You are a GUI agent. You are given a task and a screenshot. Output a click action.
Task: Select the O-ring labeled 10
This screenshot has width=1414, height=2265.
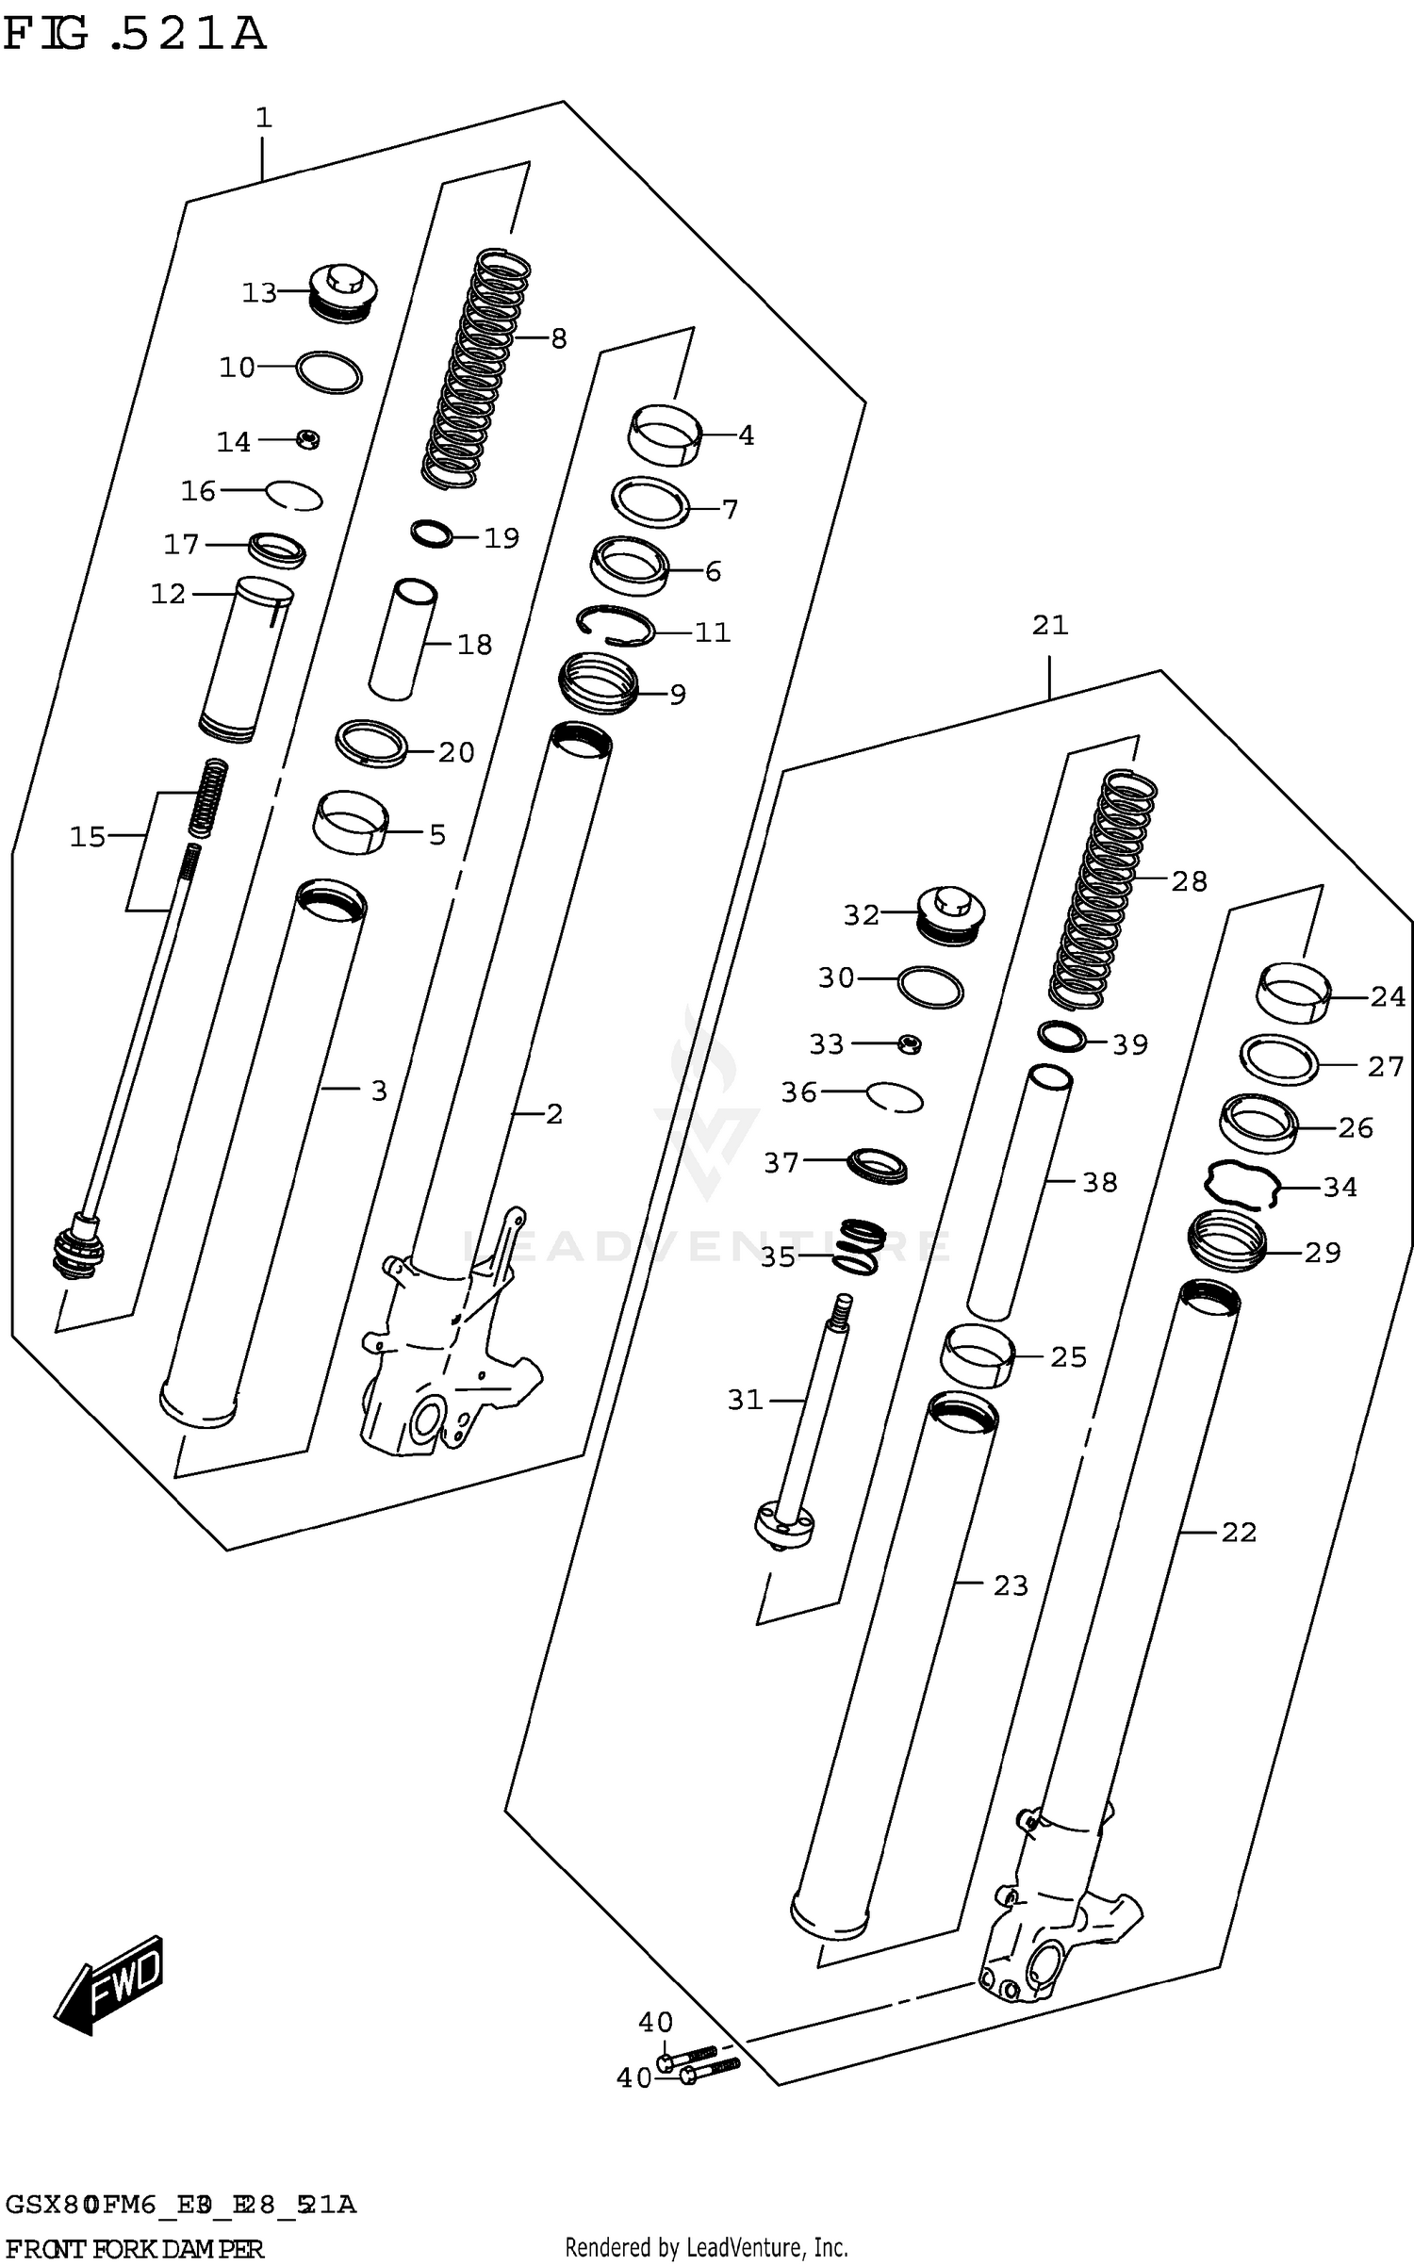[329, 372]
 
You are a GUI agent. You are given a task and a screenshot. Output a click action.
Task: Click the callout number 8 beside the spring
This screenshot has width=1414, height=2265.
[559, 338]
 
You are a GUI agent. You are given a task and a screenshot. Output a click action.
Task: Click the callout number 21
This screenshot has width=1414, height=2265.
[1049, 626]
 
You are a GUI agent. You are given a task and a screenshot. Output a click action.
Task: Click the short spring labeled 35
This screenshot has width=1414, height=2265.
[860, 1246]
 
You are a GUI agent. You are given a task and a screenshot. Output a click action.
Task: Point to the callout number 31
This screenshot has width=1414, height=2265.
[745, 1401]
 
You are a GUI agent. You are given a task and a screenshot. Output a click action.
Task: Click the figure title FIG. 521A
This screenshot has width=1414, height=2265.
[135, 34]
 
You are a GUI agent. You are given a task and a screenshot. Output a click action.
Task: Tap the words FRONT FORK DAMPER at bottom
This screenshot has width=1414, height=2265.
[134, 2249]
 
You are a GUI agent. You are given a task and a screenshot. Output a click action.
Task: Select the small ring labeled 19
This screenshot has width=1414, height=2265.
[432, 533]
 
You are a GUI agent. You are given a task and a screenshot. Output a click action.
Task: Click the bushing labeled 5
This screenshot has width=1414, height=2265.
[351, 822]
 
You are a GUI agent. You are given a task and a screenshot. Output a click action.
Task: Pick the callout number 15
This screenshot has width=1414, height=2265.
[88, 836]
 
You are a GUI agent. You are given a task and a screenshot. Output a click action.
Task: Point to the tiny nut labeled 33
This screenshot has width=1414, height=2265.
[909, 1043]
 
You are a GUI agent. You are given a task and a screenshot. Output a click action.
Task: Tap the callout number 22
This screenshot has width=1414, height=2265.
[1239, 1533]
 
